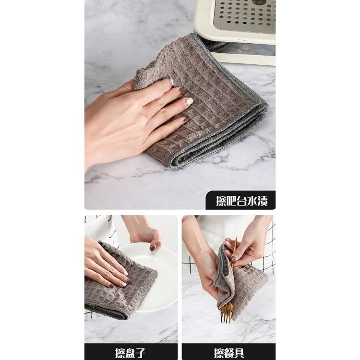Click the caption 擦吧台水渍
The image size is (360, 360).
(241, 201)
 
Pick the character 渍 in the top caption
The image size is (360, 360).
(262, 201)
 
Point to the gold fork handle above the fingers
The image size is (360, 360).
(235, 244)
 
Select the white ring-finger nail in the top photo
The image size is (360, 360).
(190, 101)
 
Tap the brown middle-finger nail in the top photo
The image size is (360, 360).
(183, 91)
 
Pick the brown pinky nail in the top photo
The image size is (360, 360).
(186, 120)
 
